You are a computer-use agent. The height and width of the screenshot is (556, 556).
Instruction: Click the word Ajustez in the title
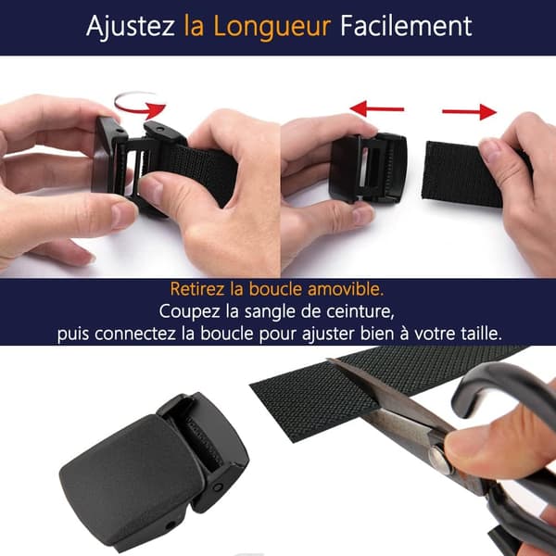(130, 26)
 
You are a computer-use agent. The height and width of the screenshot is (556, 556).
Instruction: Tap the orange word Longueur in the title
(272, 26)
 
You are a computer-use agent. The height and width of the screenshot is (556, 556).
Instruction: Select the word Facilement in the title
(406, 26)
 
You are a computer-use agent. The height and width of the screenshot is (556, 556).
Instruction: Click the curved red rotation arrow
(140, 105)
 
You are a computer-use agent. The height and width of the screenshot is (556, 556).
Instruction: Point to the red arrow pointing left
(376, 108)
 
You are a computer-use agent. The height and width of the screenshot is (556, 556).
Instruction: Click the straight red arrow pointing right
(469, 112)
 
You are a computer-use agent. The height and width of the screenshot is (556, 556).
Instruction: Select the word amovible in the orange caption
(345, 289)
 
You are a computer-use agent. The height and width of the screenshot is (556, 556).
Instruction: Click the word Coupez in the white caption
(189, 312)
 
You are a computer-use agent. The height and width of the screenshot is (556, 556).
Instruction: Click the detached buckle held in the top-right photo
(368, 168)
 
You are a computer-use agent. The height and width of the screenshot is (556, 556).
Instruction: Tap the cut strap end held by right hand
(461, 174)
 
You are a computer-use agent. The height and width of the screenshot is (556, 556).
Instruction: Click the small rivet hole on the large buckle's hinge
(217, 486)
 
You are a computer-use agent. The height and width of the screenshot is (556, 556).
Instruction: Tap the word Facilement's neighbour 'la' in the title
(194, 26)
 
